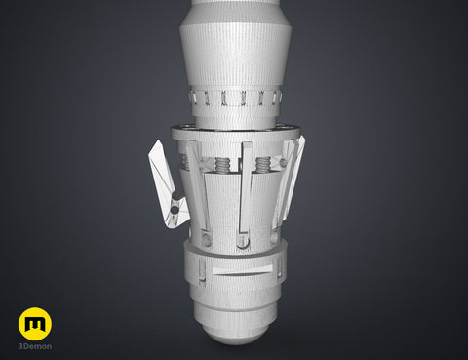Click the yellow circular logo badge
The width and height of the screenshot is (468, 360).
pyautogui.click(x=35, y=324)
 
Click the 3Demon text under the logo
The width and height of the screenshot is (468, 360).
pyautogui.click(x=35, y=346)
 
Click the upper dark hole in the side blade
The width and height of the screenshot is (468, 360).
pyautogui.click(x=175, y=195)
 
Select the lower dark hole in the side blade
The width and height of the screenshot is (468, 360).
pyautogui.click(x=175, y=210)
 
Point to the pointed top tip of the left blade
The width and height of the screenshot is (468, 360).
pyautogui.click(x=158, y=140)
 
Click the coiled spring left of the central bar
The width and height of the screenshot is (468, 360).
pyautogui.click(x=223, y=166)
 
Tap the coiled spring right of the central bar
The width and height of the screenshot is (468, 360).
pyautogui.click(x=263, y=165)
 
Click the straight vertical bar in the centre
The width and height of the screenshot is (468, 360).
pyautogui.click(x=245, y=188)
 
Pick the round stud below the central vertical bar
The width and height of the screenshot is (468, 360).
pyautogui.click(x=242, y=241)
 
